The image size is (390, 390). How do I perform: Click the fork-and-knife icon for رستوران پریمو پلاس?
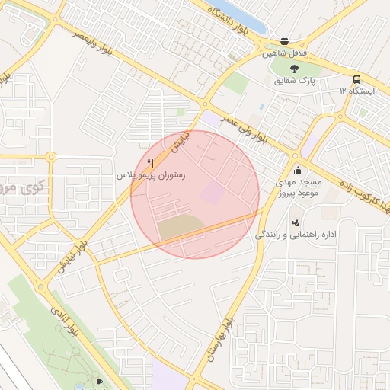pyautogui.click(x=150, y=164)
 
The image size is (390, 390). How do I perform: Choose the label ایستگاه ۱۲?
pyautogui.click(x=356, y=91)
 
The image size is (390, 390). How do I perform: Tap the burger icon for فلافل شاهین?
pyautogui.click(x=285, y=42)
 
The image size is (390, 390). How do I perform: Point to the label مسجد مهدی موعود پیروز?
pyautogui.click(x=299, y=188)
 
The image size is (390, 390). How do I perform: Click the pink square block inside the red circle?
pyautogui.click(x=213, y=193)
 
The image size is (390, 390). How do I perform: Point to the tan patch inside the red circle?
pyautogui.click(x=180, y=227)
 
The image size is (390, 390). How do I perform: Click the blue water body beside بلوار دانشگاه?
pyautogui.click(x=244, y=15)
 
